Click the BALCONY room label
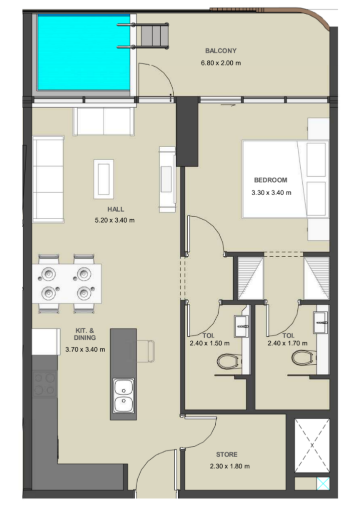pos(221,51)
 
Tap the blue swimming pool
pos(84,53)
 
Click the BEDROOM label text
pos(270,180)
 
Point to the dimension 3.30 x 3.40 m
pos(271,193)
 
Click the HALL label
pos(116,209)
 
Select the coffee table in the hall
pos(104,179)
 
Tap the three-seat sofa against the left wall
pos(48,179)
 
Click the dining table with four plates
pos(67,283)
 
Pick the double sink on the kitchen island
pos(124,395)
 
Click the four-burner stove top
pos(45,383)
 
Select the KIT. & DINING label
pos(85,334)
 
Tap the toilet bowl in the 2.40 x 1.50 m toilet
pos(228,361)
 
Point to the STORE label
pos(227,454)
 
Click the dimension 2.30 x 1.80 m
pos(230,466)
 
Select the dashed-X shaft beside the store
pos(312,445)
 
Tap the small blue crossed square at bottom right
pos(323,483)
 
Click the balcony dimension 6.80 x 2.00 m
pos(221,63)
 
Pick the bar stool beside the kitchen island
pos(146,351)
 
